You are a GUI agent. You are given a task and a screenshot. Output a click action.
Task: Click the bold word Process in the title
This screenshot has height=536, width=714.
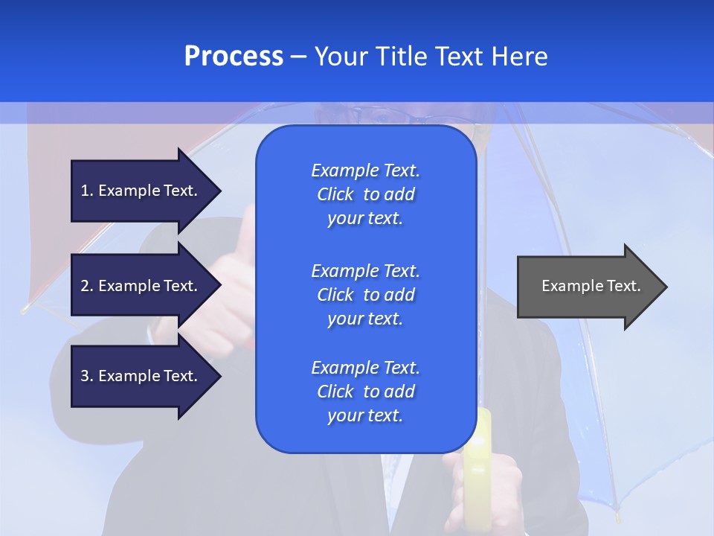(234, 57)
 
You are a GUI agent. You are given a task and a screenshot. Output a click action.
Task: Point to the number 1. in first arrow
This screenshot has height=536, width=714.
(86, 191)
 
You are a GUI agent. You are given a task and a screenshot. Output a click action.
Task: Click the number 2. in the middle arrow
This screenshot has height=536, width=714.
(86, 286)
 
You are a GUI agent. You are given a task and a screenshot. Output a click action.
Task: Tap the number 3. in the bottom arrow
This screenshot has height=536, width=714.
(86, 376)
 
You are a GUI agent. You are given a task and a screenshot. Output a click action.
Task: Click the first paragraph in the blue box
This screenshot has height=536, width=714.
(365, 194)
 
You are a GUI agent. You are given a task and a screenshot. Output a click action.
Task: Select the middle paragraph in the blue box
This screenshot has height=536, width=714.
(365, 295)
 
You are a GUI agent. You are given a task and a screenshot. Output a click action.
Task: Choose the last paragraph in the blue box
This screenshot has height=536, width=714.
(365, 392)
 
